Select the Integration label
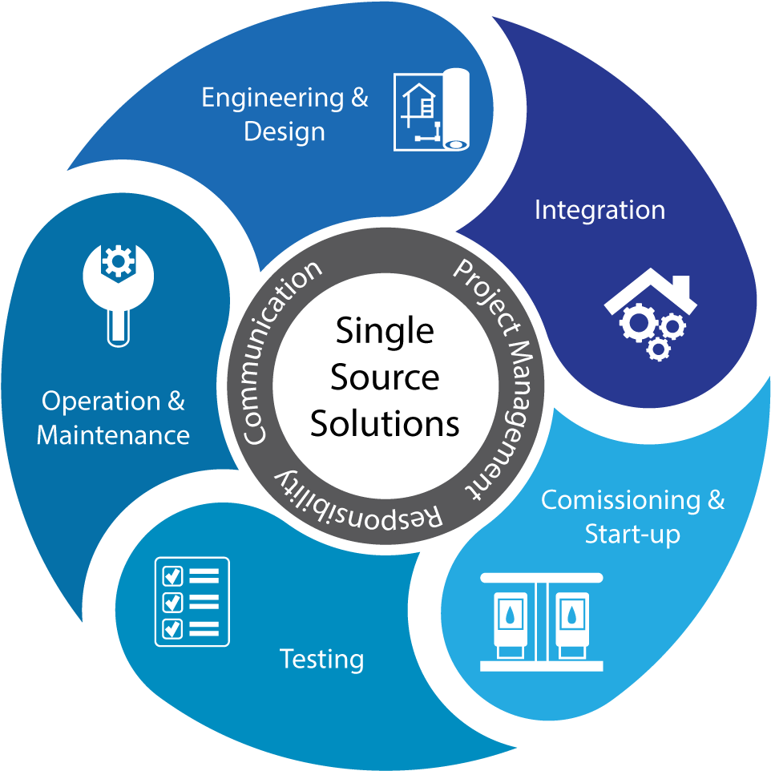tap(599, 210)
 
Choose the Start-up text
tap(632, 534)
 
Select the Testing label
tap(321, 660)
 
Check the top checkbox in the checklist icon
tap(172, 575)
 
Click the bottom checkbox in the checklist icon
tap(172, 628)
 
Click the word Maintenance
tap(113, 435)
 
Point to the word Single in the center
tap(385, 331)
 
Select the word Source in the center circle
tap(385, 377)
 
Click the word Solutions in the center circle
tap(385, 423)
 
